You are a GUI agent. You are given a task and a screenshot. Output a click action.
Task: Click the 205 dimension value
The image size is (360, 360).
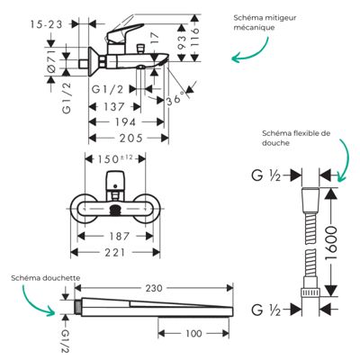131,138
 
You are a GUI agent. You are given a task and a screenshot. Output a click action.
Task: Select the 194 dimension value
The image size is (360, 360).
126,122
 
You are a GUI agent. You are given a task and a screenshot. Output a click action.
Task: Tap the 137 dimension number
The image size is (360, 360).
113,106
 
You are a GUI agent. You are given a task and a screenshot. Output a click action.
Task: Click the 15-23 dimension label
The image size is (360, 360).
46,24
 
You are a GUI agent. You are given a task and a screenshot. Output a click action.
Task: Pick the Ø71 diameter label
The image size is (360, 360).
51,61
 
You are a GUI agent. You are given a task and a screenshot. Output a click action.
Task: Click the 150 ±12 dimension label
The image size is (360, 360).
114,158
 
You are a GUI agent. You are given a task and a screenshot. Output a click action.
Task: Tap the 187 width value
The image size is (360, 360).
119,236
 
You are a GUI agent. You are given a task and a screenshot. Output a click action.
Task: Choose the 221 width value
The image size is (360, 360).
115,252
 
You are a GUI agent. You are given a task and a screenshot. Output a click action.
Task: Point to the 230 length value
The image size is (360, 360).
154,288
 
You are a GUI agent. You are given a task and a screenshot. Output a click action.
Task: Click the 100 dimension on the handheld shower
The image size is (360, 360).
193,333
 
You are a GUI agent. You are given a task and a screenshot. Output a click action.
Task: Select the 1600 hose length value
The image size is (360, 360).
331,243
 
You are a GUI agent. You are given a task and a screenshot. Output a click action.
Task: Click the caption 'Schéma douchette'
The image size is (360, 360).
46,278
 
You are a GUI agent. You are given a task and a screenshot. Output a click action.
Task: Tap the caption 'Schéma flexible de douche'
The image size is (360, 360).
296,138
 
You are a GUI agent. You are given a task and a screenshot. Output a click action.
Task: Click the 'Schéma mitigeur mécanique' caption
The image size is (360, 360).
265,22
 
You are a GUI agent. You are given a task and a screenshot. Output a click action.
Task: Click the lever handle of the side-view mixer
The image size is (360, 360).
124,31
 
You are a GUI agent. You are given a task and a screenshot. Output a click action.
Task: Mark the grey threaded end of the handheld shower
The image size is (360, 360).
78,307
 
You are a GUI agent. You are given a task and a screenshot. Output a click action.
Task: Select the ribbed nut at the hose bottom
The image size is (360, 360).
310,292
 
